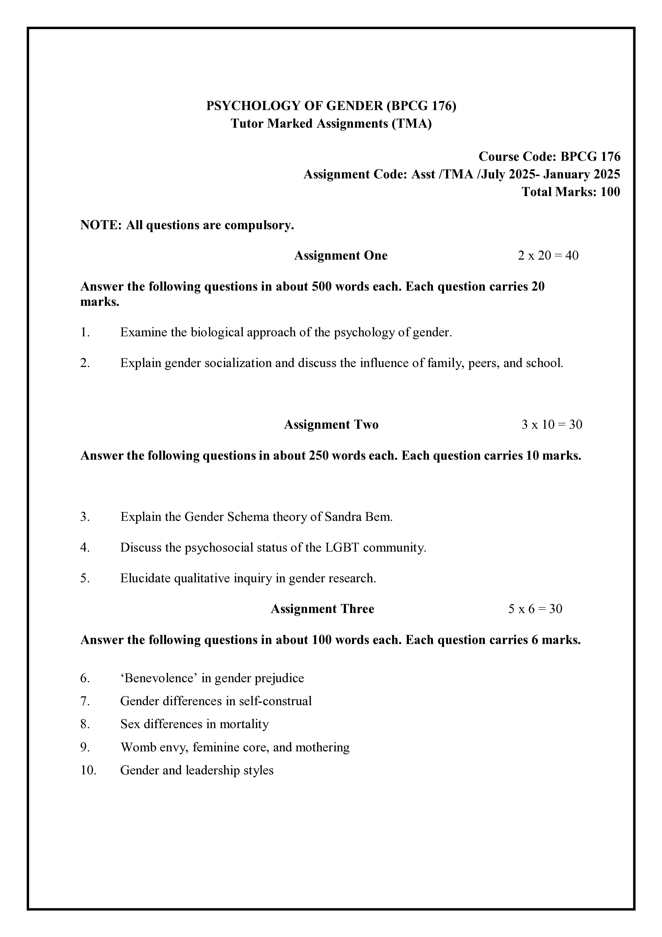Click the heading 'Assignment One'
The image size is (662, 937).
[x=341, y=255]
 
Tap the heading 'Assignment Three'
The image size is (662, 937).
[x=322, y=609]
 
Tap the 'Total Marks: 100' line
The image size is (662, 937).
[x=571, y=192]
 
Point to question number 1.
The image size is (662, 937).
[x=85, y=332]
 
